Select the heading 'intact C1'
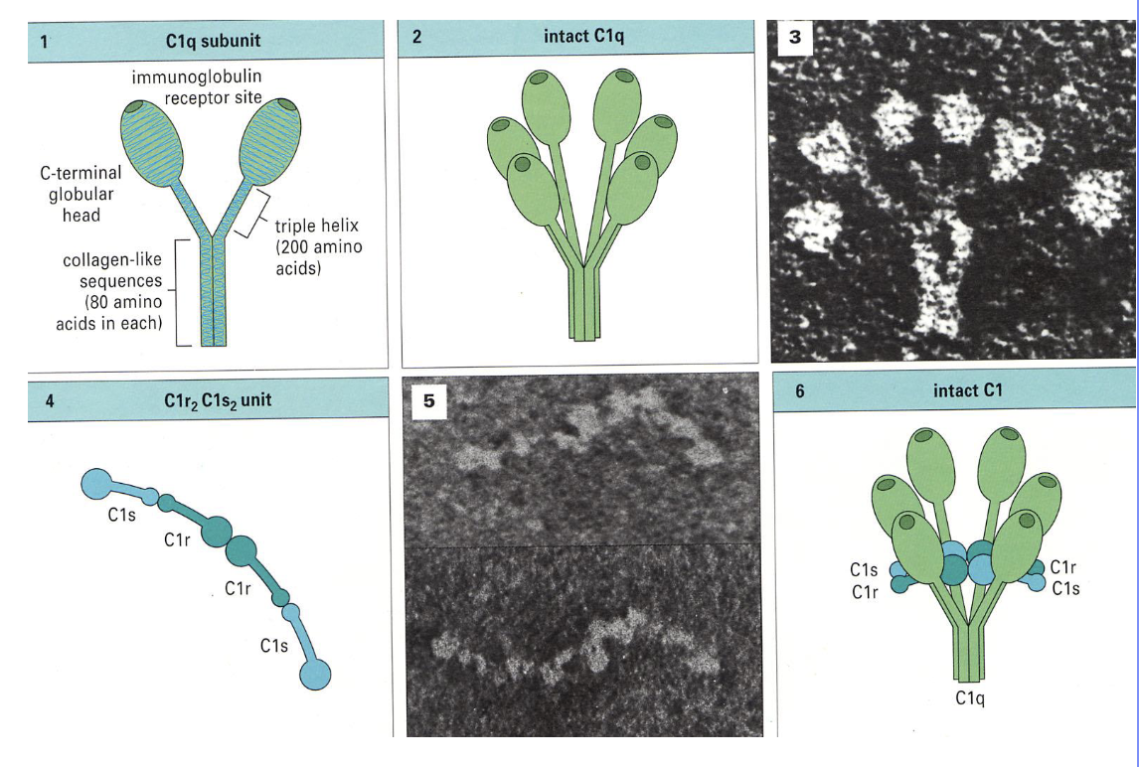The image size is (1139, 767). coord(967,390)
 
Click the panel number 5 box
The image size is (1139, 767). coord(429,400)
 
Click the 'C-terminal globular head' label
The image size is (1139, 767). coord(83,194)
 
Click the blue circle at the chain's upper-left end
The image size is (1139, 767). coord(95,484)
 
